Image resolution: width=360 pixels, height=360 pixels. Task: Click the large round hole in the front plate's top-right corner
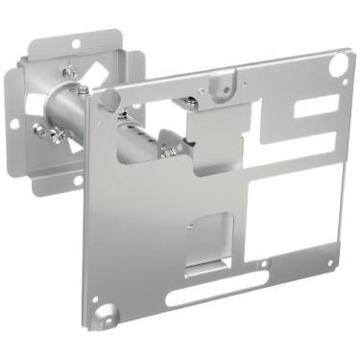tap(337, 65)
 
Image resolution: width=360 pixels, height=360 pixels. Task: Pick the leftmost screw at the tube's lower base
tap(39, 130)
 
